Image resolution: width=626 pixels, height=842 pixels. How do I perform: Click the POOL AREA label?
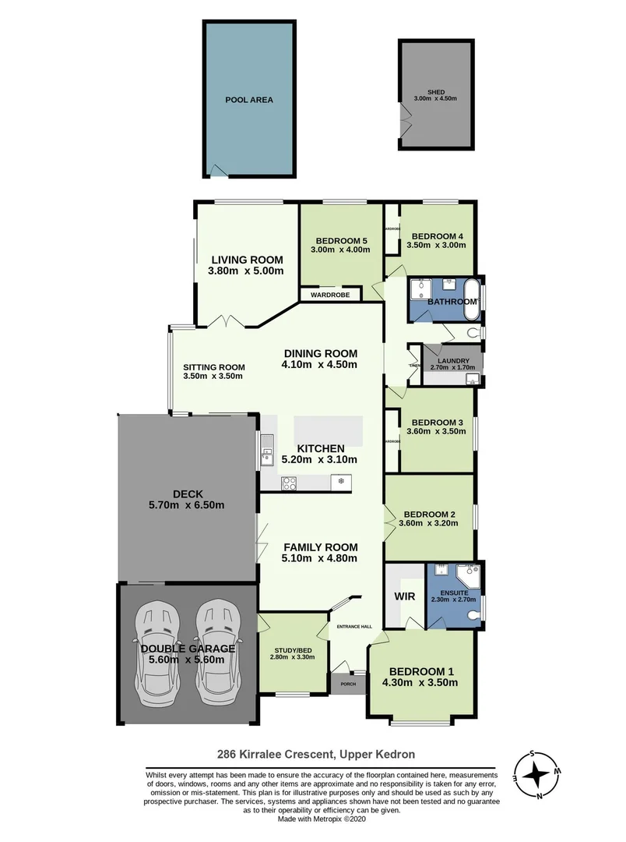coord(249,100)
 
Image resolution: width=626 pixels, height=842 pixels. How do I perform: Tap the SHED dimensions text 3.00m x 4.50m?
coord(435,99)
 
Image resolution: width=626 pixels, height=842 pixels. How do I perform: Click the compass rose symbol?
coord(536,775)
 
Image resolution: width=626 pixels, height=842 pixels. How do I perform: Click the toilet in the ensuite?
coord(473,615)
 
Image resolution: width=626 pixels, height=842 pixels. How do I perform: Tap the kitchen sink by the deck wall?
coord(267,449)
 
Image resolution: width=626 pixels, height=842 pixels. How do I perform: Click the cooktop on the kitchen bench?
coord(288,483)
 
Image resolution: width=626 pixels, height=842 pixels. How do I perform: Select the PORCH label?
coord(346,685)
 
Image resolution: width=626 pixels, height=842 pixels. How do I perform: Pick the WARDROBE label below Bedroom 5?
coord(330,295)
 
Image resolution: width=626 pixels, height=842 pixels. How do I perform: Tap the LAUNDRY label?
coord(453,361)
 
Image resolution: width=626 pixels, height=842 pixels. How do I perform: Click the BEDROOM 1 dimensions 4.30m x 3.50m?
coord(421,682)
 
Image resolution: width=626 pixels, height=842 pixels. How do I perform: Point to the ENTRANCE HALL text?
coord(353,626)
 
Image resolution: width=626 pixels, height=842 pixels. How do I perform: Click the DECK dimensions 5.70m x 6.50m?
coord(188,504)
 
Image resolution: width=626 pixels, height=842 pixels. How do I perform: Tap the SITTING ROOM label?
coord(214,367)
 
